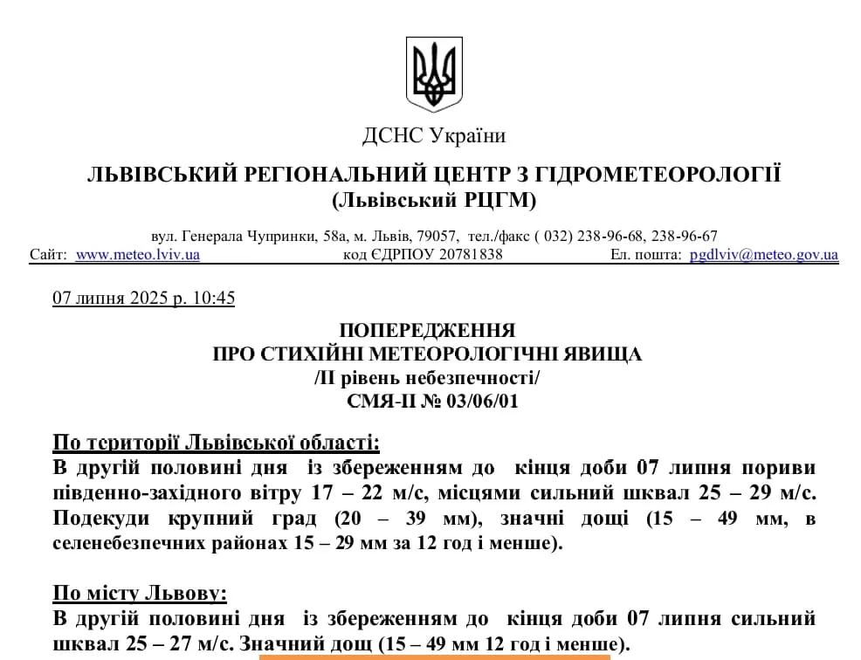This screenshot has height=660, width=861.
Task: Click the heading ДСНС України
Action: click(x=434, y=135)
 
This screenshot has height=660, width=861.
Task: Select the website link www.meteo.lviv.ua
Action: click(x=137, y=255)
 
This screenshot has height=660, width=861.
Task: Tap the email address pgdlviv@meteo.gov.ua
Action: click(x=763, y=255)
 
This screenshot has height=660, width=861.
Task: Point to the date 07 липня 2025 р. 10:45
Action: click(x=144, y=298)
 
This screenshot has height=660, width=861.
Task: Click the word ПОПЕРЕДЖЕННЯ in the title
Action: click(x=427, y=331)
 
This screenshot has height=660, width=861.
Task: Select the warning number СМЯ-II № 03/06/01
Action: click(x=427, y=401)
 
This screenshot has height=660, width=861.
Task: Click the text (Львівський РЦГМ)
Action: click(x=434, y=200)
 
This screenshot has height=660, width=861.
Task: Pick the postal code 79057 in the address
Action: click(x=439, y=236)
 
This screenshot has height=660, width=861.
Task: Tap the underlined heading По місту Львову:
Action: click(x=140, y=595)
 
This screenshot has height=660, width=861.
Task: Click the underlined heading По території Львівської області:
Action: click(x=217, y=441)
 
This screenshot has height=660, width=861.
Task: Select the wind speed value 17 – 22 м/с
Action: click(x=369, y=492)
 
